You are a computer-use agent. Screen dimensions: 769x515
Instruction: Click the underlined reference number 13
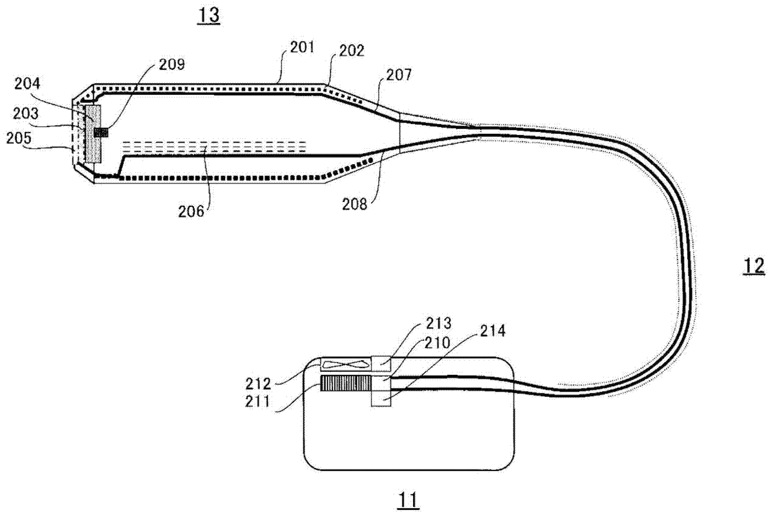(x=209, y=15)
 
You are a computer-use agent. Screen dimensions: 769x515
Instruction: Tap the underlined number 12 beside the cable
(x=753, y=266)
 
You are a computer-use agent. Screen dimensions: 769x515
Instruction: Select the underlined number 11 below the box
(x=408, y=501)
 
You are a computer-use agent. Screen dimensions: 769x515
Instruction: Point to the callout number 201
(x=302, y=47)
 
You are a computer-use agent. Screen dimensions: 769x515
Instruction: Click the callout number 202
(x=352, y=51)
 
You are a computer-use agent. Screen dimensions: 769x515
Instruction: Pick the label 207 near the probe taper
(x=399, y=75)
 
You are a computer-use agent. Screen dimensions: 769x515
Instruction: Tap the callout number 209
(x=172, y=64)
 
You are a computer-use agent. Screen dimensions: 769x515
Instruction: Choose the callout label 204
(x=27, y=84)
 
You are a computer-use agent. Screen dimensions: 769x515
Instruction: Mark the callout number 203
(x=26, y=113)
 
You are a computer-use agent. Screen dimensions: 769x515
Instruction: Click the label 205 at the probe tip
(x=19, y=138)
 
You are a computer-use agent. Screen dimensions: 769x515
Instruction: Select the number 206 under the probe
(x=191, y=211)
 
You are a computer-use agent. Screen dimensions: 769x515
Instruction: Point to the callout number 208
(x=355, y=204)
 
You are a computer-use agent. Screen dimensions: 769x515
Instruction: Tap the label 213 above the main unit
(x=438, y=323)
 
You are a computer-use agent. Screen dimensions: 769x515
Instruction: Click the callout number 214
(x=492, y=331)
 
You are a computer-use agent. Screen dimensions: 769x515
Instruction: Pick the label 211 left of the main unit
(x=257, y=402)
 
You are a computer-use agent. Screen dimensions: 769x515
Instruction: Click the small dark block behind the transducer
(x=101, y=133)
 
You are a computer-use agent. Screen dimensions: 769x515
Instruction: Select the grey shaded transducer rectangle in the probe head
(x=92, y=134)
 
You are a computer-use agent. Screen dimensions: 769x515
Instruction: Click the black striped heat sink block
(x=345, y=383)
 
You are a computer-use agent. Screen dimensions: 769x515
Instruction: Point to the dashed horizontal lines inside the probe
(x=214, y=147)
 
